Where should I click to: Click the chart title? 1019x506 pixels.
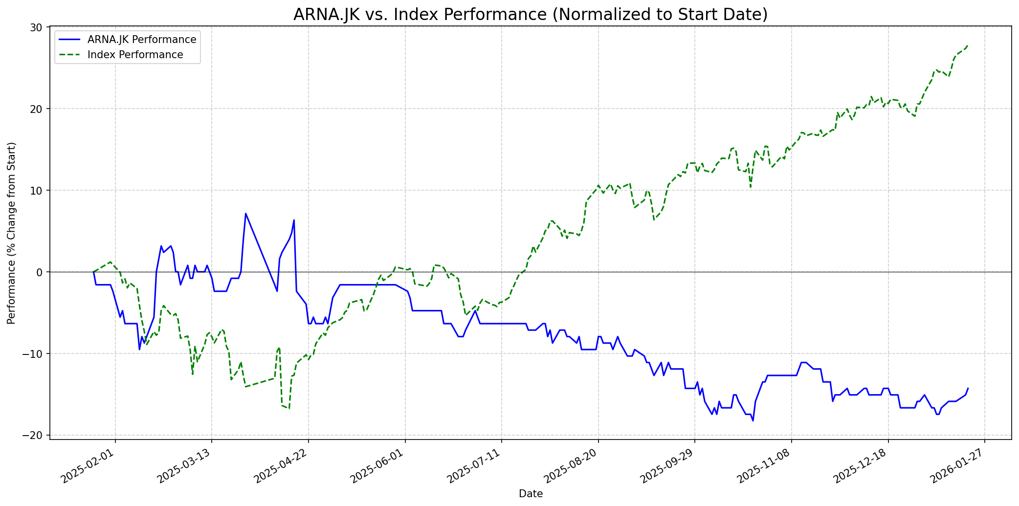(x=531, y=15)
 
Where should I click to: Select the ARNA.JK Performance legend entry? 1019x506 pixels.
(x=142, y=40)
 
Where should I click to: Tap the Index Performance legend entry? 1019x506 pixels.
(x=135, y=55)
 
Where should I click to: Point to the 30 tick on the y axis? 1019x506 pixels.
(x=37, y=27)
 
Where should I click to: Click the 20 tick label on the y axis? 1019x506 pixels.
(x=37, y=109)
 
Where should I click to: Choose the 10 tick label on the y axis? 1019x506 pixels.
(x=37, y=190)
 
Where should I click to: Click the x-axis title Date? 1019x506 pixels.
(x=531, y=494)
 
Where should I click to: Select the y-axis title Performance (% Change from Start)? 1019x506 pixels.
(x=12, y=233)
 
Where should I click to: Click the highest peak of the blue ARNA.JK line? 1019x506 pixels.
(x=245, y=213)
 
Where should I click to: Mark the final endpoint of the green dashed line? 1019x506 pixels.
(x=968, y=45)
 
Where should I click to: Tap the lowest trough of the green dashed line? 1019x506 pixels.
(x=289, y=409)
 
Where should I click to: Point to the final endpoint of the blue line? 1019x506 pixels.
(x=968, y=388)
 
